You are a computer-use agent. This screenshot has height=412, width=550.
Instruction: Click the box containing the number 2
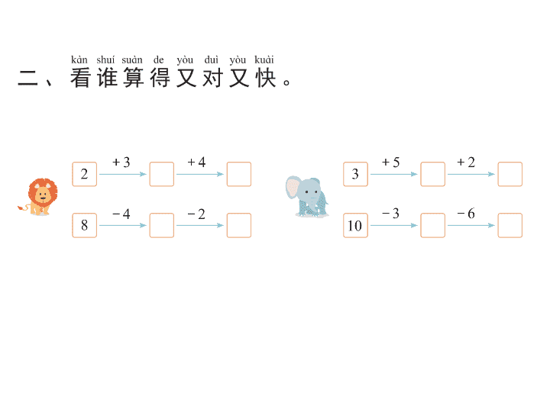pyautogui.click(x=85, y=174)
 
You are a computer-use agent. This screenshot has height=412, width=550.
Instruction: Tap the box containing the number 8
pyautogui.click(x=85, y=225)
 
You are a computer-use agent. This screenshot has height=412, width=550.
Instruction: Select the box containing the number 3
pyautogui.click(x=355, y=174)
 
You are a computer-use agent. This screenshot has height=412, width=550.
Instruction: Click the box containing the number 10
pyautogui.click(x=355, y=225)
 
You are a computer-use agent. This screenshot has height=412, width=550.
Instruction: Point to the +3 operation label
pyautogui.click(x=121, y=163)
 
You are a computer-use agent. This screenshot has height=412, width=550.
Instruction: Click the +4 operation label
pyautogui.click(x=196, y=163)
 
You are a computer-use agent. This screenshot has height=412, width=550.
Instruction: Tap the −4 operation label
pyautogui.click(x=121, y=214)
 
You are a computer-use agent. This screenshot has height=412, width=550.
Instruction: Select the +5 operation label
pyautogui.click(x=391, y=163)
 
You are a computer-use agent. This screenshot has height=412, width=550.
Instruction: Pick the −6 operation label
pyautogui.click(x=466, y=214)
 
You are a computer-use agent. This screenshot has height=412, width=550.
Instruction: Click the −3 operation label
pyautogui.click(x=391, y=214)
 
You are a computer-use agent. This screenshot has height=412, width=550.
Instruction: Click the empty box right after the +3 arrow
pyautogui.click(x=162, y=174)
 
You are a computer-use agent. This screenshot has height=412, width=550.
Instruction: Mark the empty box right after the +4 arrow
pyautogui.click(x=239, y=174)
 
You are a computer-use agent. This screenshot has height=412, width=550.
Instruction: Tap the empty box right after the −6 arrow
pyautogui.click(x=510, y=225)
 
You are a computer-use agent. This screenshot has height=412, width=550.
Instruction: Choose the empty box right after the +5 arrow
pyautogui.click(x=433, y=174)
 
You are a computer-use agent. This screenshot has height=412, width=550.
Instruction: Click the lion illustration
pyautogui.click(x=39, y=197)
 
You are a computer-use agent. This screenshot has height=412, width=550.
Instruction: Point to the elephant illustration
pyautogui.click(x=307, y=197)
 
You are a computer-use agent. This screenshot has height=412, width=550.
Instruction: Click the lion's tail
pyautogui.click(x=23, y=208)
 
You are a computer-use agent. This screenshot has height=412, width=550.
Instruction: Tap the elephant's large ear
pyautogui.click(x=293, y=188)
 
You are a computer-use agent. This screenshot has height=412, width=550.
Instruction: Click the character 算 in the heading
pyautogui.click(x=134, y=78)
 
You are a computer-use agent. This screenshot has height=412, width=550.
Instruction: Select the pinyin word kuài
pyautogui.click(x=264, y=60)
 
